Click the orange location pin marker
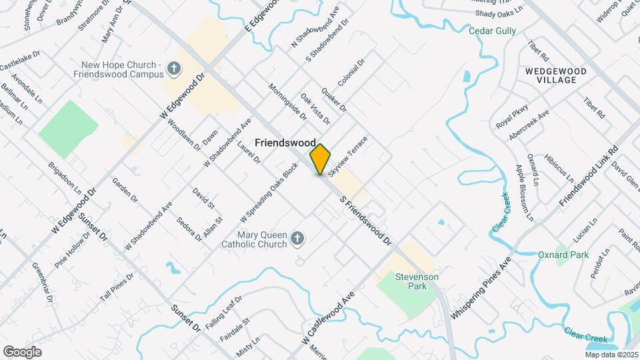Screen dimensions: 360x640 [321, 159]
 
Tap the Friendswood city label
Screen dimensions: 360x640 [285, 143]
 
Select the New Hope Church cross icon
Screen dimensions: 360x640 [173, 68]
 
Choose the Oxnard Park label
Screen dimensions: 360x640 [563, 255]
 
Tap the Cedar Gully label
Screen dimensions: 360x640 [492, 31]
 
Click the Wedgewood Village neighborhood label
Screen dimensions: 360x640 [555, 75]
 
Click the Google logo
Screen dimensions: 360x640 [22, 351]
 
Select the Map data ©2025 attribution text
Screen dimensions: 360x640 [611, 355]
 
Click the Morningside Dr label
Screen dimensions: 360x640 [287, 101]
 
